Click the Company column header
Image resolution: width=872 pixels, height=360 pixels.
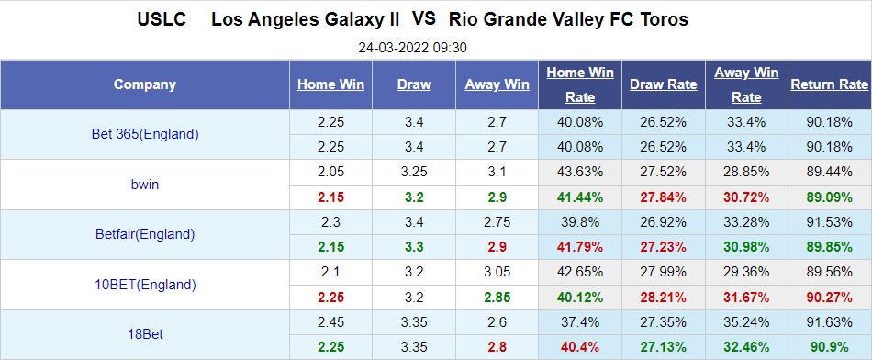point(145,84)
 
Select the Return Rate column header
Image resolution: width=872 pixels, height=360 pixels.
point(829,84)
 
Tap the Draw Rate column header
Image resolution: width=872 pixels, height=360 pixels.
point(663,84)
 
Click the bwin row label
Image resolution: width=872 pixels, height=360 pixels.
point(145,184)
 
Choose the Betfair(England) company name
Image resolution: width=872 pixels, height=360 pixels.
point(145,233)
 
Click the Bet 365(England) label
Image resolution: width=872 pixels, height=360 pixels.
point(145,134)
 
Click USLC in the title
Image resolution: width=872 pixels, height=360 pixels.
point(162,19)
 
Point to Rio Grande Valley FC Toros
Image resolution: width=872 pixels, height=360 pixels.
point(568,19)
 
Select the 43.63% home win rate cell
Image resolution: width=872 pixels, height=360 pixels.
point(580,172)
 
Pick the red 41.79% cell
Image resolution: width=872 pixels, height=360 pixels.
point(580,246)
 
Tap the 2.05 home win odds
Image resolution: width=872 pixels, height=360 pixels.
point(330,172)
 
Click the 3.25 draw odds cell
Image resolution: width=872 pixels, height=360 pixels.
point(414,172)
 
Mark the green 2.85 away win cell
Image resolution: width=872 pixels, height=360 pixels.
point(497,296)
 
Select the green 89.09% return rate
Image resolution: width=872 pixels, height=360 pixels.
point(829,197)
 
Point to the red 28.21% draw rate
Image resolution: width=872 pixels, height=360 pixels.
point(663,296)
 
